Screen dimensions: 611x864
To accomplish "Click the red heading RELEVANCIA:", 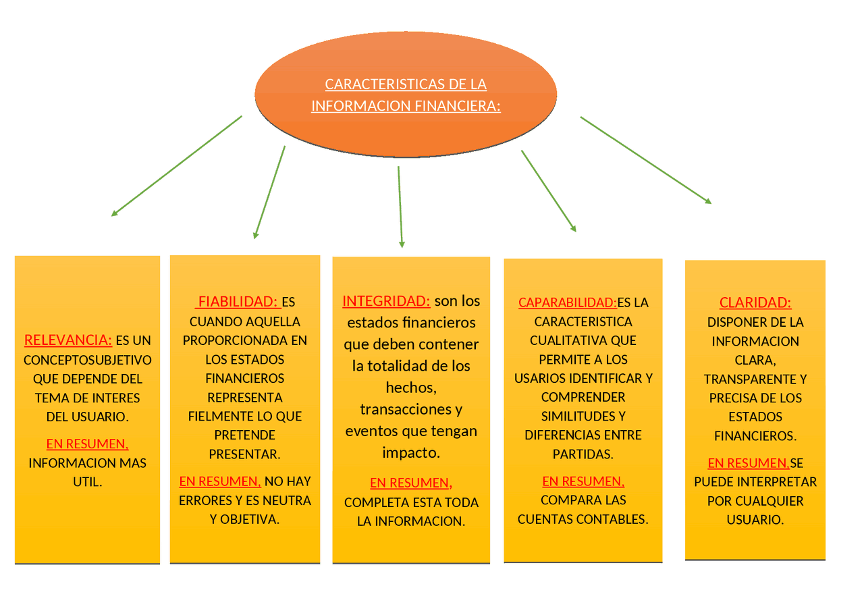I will tap(68, 340).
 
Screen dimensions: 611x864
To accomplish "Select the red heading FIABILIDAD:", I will tap(238, 302).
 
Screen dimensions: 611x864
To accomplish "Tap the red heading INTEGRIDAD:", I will tap(386, 301).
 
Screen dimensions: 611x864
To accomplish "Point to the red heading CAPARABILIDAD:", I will tap(567, 302).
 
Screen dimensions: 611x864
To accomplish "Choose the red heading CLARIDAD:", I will tap(755, 302).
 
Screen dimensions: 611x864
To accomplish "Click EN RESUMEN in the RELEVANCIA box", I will tap(87, 444).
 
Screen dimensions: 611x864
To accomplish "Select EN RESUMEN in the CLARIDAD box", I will tap(748, 463).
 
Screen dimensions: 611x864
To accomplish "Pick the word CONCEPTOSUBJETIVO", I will tap(88, 360).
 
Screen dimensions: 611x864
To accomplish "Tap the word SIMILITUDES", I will tap(583, 416).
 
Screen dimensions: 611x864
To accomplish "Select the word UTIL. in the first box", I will tap(88, 482).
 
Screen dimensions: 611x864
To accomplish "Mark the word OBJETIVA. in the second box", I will tap(250, 519).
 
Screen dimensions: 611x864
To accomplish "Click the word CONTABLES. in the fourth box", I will tap(614, 519).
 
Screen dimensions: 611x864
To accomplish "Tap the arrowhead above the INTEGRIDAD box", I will tap(402, 244).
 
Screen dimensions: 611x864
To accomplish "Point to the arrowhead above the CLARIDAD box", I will tap(708, 201).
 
